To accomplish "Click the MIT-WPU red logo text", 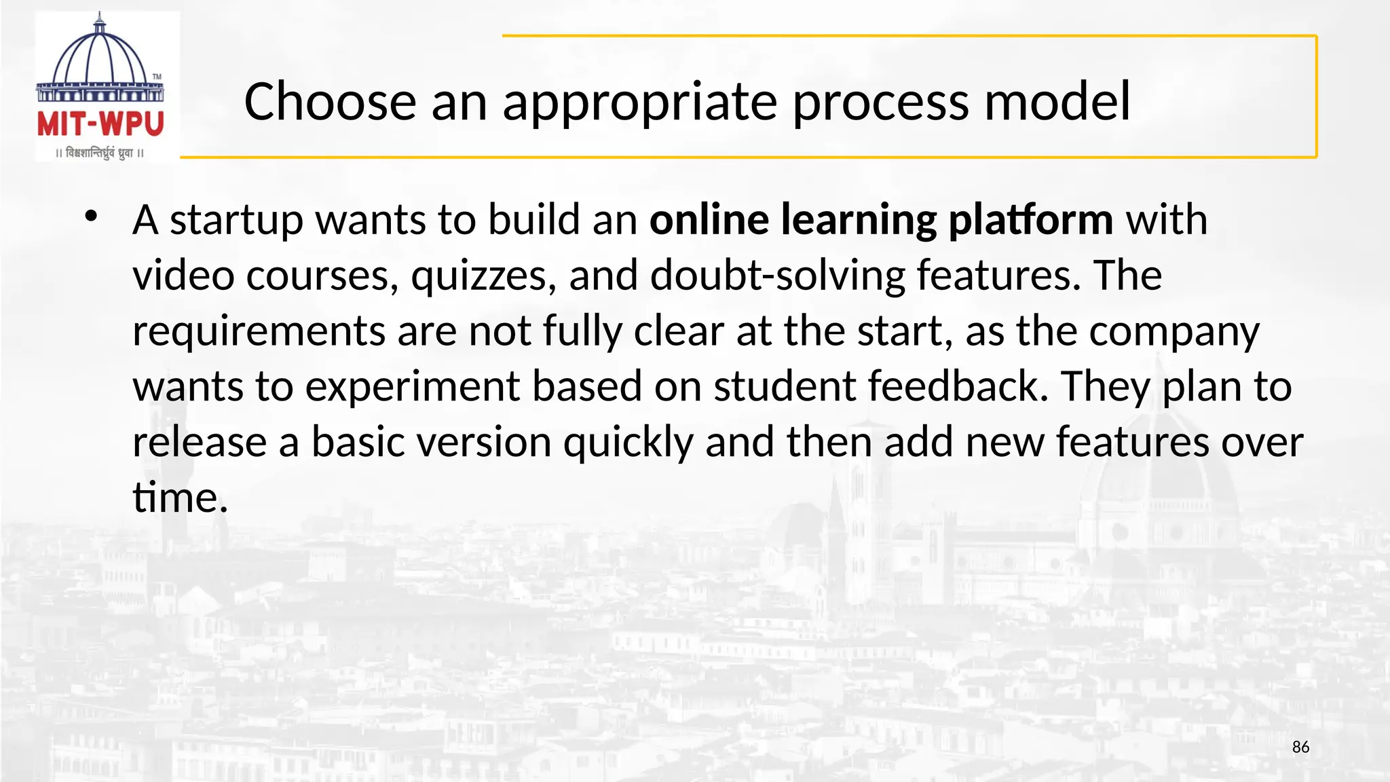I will coord(100,124).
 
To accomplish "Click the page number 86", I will coord(1300,747).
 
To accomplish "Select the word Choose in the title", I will coord(330,102).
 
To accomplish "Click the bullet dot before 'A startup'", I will coord(92,217).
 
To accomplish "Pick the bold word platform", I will coord(1030,221).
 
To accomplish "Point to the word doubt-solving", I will coord(778,276).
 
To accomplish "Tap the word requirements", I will coord(259,332).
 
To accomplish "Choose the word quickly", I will coord(628,443).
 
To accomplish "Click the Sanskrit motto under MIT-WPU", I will coord(100,153).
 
